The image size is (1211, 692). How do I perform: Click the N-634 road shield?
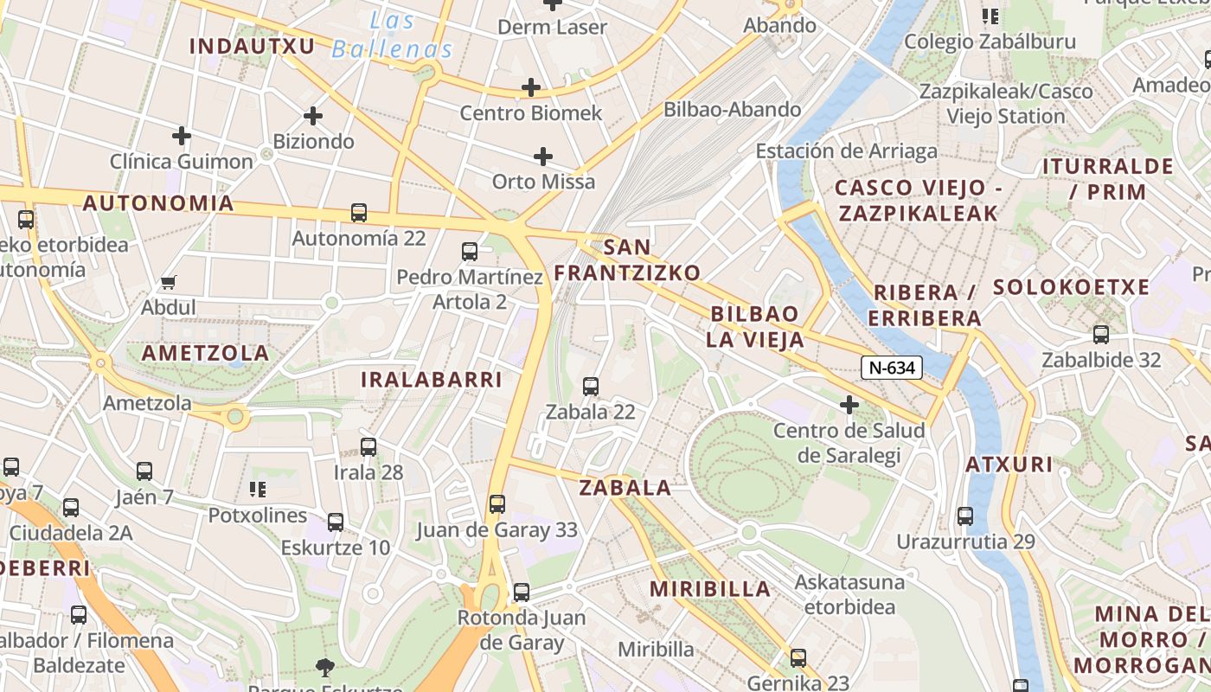point(892,368)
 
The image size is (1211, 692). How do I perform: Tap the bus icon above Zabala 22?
point(591,387)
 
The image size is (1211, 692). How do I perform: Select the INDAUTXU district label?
point(252,46)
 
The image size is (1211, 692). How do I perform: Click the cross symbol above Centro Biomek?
point(531,87)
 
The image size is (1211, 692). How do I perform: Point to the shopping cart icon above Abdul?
point(169,282)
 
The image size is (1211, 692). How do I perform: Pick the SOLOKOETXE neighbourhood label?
point(1071,287)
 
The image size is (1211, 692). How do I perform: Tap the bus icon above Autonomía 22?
point(358,212)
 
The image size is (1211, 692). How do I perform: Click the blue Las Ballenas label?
point(393,35)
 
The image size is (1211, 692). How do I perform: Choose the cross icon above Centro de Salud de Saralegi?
point(849,404)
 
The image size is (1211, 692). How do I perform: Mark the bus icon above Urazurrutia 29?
point(965,516)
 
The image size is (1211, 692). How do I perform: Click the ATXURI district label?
point(1009,465)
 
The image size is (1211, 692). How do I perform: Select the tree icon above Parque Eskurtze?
point(325,667)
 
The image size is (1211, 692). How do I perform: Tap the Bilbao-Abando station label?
point(732,110)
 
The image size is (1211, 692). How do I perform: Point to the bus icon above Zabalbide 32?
point(1101,334)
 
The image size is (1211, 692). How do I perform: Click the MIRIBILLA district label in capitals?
point(709,589)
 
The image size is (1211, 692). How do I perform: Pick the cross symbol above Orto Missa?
point(543,157)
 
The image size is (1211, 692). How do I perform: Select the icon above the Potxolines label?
point(258,490)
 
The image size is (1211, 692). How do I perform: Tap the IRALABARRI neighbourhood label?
point(431,380)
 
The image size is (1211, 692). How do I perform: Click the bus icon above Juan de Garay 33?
point(497,504)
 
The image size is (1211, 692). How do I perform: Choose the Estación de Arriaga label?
point(846,151)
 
